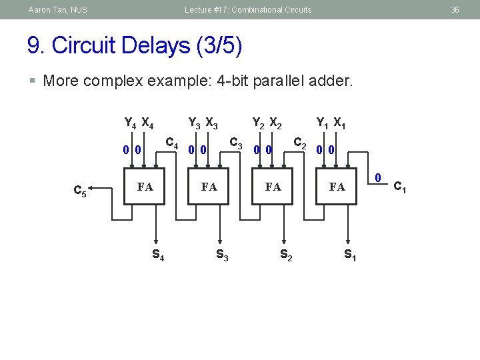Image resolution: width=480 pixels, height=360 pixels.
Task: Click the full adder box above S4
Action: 145,187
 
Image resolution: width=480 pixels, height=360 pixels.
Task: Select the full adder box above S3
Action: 209,187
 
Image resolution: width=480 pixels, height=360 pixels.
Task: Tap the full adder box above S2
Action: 273,187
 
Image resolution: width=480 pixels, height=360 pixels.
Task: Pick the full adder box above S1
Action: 337,187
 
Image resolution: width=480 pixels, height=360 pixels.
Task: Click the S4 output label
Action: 159,254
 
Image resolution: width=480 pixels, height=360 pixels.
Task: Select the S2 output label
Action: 286,254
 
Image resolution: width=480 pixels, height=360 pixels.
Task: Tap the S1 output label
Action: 349,254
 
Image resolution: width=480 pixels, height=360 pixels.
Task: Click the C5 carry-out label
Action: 79,192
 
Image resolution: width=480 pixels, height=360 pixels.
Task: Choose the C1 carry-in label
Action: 400,187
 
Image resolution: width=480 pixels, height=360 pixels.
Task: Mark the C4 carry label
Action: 172,142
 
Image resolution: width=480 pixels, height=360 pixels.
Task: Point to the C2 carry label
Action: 300,142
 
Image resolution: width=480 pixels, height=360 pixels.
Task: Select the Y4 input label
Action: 131,123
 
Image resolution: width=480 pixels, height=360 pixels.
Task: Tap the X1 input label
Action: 339,123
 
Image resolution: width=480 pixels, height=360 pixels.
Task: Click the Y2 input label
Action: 257,123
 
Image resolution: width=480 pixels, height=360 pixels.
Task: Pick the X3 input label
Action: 211,123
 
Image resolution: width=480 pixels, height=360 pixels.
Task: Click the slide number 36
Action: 455,10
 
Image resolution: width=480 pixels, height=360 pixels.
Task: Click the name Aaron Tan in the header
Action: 47,10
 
